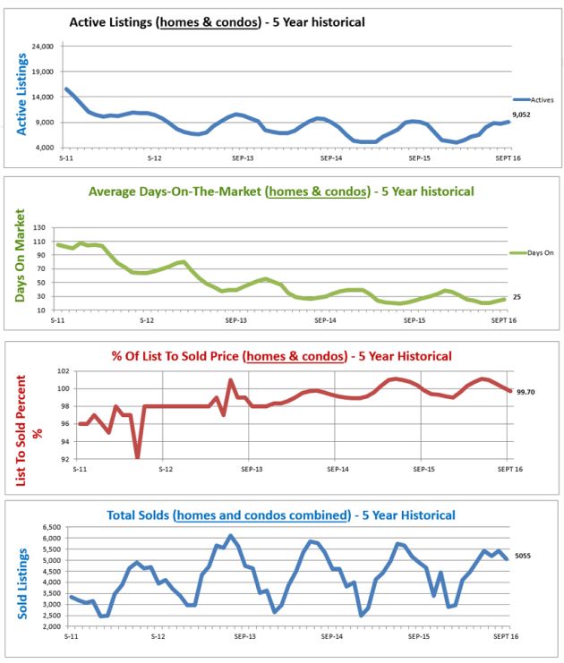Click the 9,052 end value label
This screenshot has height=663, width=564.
[522, 115]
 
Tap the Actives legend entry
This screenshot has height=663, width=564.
[535, 100]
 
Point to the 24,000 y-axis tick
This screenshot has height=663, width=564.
[43, 46]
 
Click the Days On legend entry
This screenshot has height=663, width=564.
[535, 254]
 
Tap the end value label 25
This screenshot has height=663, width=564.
[518, 295]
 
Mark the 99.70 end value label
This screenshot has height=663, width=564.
[526, 391]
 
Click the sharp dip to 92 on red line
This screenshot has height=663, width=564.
[138, 456]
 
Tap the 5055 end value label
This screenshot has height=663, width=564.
[523, 555]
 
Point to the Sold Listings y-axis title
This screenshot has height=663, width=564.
[24, 577]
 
